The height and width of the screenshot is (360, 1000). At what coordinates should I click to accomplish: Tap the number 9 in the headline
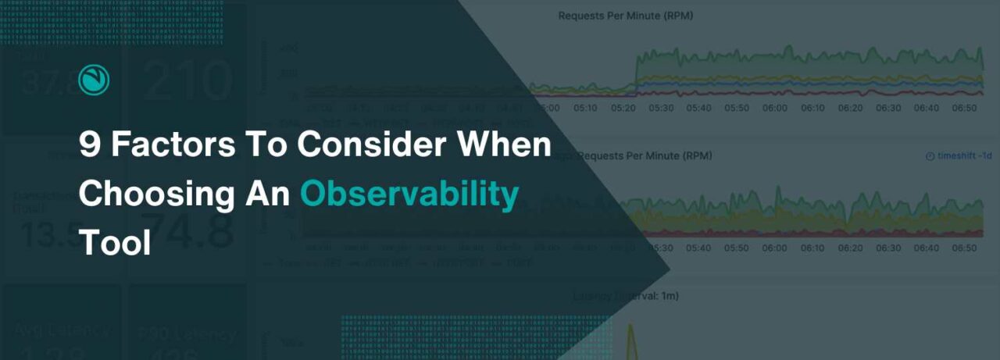point(90,145)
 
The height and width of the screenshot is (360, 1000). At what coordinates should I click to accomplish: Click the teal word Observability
point(409,194)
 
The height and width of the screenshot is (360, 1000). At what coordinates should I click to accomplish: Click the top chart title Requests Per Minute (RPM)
point(614,16)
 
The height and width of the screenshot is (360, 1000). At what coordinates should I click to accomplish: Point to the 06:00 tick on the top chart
point(774,108)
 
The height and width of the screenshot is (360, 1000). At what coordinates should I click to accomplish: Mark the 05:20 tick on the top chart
point(623,108)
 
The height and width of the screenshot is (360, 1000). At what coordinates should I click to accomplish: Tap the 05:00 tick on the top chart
point(547,108)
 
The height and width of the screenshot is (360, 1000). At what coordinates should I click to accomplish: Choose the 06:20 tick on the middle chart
point(850,248)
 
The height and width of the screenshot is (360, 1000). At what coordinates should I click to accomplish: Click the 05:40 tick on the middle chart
point(698,248)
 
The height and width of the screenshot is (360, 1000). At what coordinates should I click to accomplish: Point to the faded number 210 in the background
point(187,81)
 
